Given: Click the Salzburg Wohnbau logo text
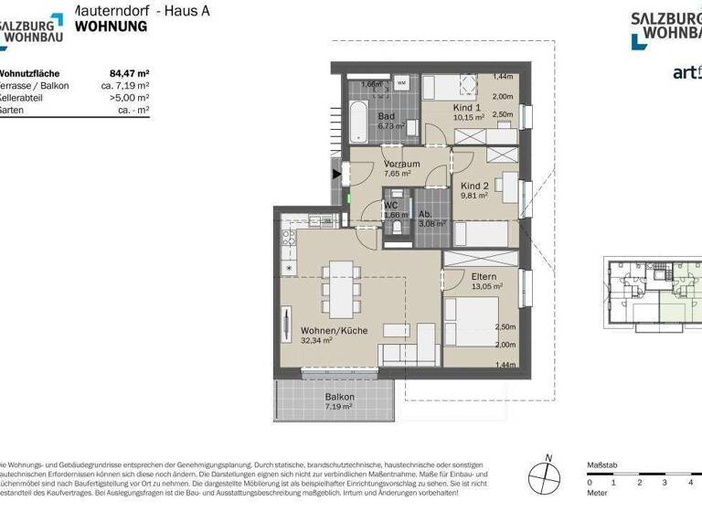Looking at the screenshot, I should coord(665,27).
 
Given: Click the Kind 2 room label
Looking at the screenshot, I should coord(475,185).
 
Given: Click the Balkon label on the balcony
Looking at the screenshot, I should coord(338,397).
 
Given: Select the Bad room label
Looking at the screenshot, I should coord(387,116).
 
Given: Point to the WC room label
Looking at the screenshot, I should coord(390,206).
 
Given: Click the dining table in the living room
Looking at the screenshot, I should coord(340,284).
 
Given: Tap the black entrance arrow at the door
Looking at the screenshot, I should coord(337,172).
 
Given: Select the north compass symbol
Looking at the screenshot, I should coord(547,476).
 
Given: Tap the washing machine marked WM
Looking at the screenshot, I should coord(401,83).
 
